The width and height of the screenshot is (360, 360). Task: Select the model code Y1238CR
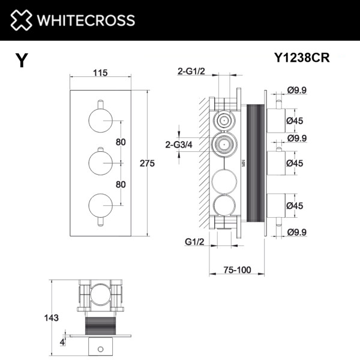[302, 58]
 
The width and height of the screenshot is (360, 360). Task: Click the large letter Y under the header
[22, 61]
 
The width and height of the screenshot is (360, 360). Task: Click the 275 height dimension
[147, 163]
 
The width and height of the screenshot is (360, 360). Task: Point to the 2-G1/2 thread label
[190, 73]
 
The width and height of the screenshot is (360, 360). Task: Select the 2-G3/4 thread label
[179, 144]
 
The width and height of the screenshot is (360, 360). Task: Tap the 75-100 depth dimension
[235, 270]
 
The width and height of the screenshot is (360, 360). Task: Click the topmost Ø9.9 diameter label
[298, 90]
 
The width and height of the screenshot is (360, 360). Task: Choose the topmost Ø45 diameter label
[295, 121]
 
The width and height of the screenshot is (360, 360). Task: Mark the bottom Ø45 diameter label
[295, 205]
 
